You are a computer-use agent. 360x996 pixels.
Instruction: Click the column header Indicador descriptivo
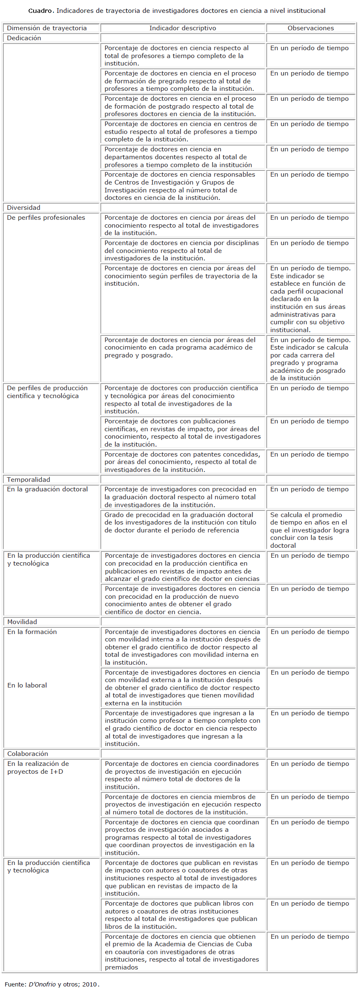click(182, 28)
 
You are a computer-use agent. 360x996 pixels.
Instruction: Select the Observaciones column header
click(311, 28)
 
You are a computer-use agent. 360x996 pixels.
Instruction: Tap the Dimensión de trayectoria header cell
click(47, 28)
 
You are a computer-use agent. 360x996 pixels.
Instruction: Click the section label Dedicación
click(24, 38)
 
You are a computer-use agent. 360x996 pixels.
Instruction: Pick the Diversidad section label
click(24, 208)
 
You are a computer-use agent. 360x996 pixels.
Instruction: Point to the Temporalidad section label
click(29, 480)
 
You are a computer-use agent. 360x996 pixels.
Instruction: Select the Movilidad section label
click(22, 622)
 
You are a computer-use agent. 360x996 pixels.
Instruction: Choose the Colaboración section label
click(28, 754)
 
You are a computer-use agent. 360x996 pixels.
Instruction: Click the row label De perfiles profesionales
click(46, 218)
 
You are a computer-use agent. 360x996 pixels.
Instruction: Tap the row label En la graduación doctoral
click(48, 489)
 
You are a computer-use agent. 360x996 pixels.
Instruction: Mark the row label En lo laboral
click(27, 685)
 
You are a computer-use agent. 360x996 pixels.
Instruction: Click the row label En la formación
click(32, 632)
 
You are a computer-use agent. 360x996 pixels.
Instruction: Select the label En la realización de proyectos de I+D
click(38, 768)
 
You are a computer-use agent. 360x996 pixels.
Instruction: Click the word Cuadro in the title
click(41, 11)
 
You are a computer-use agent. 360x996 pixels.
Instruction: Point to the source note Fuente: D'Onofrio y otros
click(52, 984)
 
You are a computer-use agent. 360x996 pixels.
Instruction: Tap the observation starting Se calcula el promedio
click(309, 530)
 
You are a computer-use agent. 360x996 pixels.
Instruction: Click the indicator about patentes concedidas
click(182, 462)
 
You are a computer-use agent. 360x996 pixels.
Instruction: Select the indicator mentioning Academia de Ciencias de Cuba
click(182, 952)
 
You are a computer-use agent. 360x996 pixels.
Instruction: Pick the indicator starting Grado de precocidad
click(180, 522)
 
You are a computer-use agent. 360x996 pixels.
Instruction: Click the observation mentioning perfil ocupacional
click(309, 299)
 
